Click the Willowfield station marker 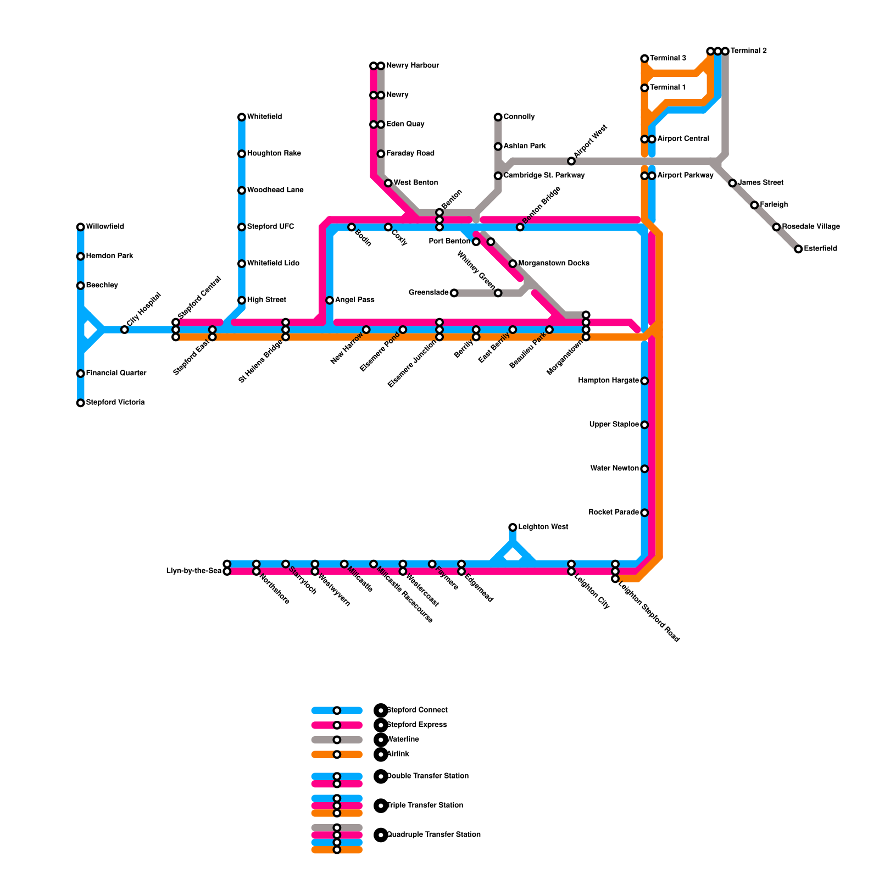tap(81, 227)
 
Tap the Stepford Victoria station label tap(115, 403)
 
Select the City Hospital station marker tap(125, 330)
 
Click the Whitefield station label tap(264, 117)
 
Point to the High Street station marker tap(242, 301)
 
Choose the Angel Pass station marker tap(330, 301)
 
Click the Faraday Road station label tap(410, 154)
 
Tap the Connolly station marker tap(498, 117)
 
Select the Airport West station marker tap(571, 161)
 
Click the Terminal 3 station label tap(668, 58)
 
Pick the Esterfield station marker tap(798, 249)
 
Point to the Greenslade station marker tap(454, 293)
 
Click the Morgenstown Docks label tap(554, 264)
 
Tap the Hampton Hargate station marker tap(644, 381)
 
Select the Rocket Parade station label tap(614, 513)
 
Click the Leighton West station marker tap(513, 527)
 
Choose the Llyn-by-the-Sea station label tap(194, 571)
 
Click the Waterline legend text tap(403, 739)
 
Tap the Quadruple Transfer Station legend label tap(434, 835)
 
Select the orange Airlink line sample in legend tap(337, 754)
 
